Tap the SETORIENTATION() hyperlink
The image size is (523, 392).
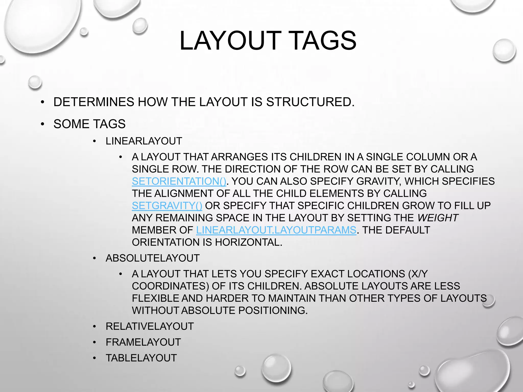click(179, 181)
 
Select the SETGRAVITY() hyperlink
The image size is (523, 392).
click(167, 206)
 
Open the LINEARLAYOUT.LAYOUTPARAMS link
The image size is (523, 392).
click(276, 230)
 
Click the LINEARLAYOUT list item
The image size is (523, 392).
click(144, 141)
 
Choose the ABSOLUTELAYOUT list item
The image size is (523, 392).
click(152, 258)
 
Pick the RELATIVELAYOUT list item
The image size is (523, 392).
click(150, 326)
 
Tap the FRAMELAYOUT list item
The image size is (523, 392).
click(143, 342)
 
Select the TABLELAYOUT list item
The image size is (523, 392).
click(141, 358)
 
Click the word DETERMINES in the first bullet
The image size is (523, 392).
click(94, 102)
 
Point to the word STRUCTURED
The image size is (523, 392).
click(310, 102)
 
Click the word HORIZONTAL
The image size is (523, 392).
click(248, 242)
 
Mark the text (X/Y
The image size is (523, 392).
click(418, 274)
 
